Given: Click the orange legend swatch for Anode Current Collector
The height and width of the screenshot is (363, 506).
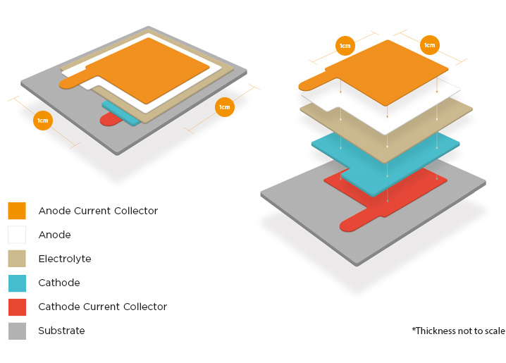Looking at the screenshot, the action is point(17,211).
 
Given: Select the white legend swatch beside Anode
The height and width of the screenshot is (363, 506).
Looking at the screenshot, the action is point(17,235).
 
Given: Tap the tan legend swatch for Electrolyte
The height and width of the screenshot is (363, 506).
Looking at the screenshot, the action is point(17,259).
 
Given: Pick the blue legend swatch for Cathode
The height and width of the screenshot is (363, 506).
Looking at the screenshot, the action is point(17,283).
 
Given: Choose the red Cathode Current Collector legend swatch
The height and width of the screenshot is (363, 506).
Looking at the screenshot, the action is point(17,307).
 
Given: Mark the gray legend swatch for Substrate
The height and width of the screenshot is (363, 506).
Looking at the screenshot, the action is point(17,331).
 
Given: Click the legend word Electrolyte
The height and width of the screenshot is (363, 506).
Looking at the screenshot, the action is point(65,259).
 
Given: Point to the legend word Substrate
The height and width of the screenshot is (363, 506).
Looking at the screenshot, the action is point(61,331).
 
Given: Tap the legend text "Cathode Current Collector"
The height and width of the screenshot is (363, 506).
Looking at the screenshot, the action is point(103,307).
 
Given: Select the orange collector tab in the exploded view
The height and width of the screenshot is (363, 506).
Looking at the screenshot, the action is point(314,82).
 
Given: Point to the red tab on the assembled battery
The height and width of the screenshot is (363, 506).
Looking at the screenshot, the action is point(111,119).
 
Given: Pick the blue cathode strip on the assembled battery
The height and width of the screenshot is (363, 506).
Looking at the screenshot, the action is point(119,113).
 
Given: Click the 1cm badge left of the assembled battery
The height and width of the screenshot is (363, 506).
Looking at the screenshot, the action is point(43,121).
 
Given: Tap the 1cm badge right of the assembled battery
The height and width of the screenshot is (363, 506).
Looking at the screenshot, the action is point(225,107).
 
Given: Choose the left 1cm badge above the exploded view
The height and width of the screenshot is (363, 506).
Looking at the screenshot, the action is point(345,46).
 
